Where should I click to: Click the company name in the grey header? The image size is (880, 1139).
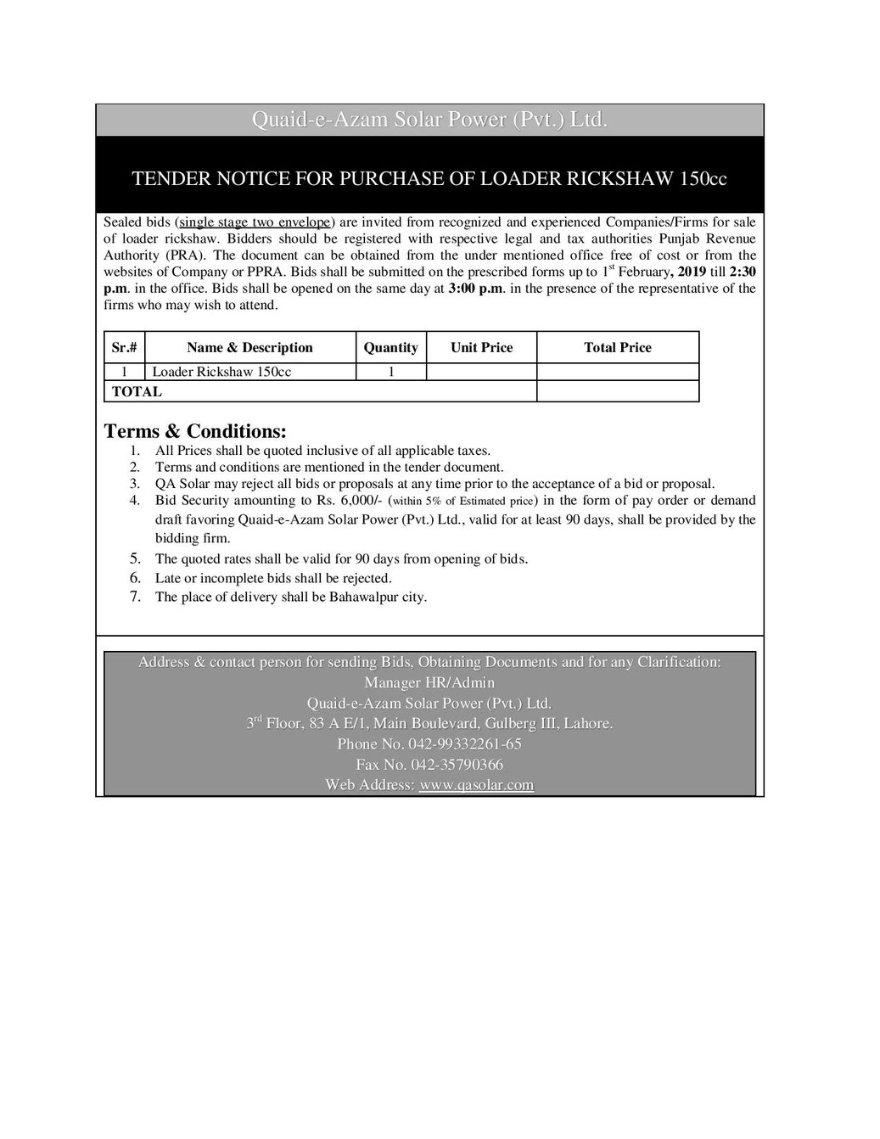pos(429,121)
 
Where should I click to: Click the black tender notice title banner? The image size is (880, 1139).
pos(429,179)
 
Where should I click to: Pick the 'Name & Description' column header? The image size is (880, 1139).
pos(249,348)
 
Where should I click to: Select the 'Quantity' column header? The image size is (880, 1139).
pos(390,348)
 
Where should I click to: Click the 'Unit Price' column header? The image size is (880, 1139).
pos(481,348)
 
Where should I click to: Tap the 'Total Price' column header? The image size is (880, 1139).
pos(618,348)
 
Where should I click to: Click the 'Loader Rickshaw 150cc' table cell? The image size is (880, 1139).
pos(221,372)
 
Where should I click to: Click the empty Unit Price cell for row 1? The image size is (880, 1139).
pos(481,372)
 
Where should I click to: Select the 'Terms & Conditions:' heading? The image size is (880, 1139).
pos(195,431)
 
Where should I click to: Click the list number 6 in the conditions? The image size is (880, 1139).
pos(135,578)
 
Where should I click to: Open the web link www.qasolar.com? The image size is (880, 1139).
pos(476,785)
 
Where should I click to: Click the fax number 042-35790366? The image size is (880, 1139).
pos(459,765)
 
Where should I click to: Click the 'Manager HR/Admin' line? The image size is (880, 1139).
pos(429,682)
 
